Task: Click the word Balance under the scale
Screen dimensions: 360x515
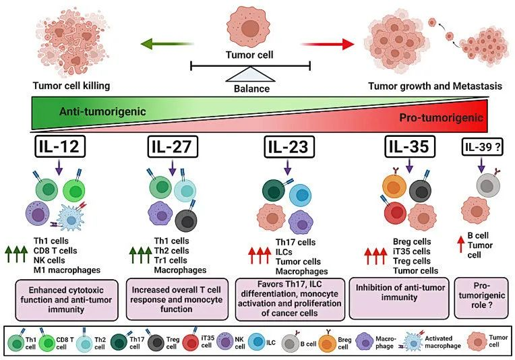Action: pyautogui.click(x=251, y=88)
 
